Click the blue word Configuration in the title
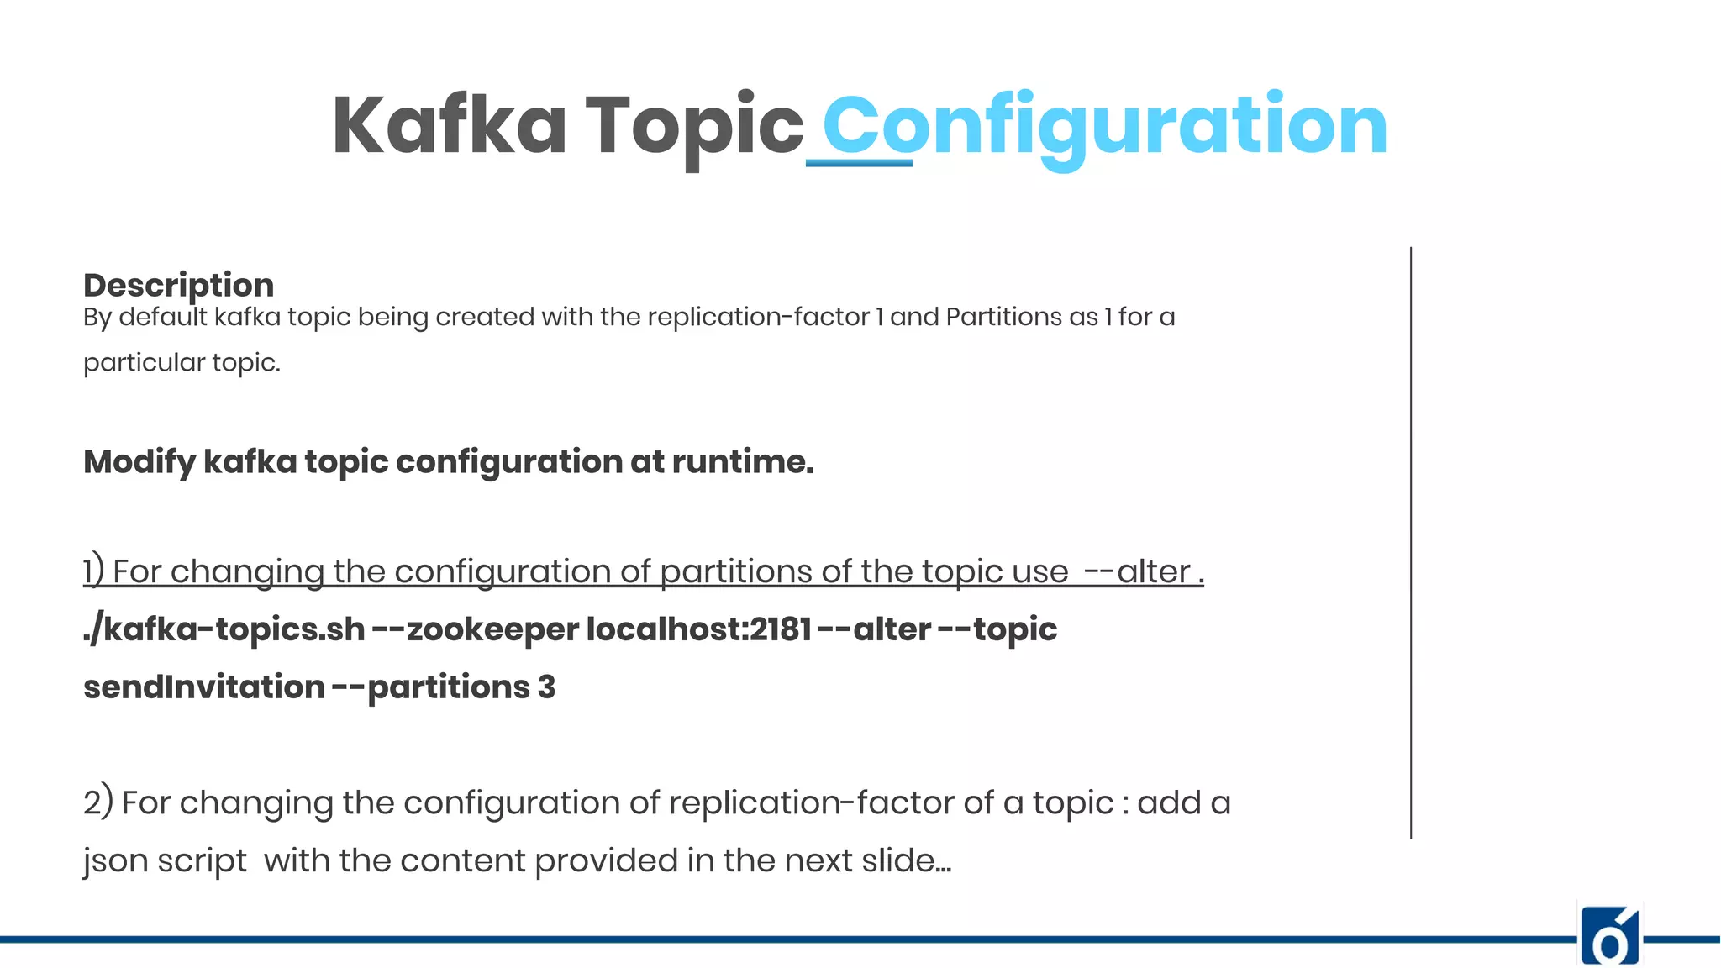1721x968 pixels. click(x=1104, y=126)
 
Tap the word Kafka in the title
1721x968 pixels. click(x=450, y=126)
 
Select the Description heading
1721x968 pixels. click(x=178, y=285)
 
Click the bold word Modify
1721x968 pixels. click(x=139, y=462)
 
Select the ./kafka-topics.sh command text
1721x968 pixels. click(x=224, y=629)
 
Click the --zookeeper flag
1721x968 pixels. click(x=475, y=629)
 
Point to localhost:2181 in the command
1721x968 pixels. click(x=698, y=629)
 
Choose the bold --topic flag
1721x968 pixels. click(x=997, y=629)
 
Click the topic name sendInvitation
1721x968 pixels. click(x=203, y=687)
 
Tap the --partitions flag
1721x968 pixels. click(x=430, y=687)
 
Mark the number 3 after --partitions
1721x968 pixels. click(x=546, y=687)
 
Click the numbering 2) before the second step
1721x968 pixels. click(x=97, y=802)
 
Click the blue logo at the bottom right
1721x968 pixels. click(x=1610, y=935)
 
